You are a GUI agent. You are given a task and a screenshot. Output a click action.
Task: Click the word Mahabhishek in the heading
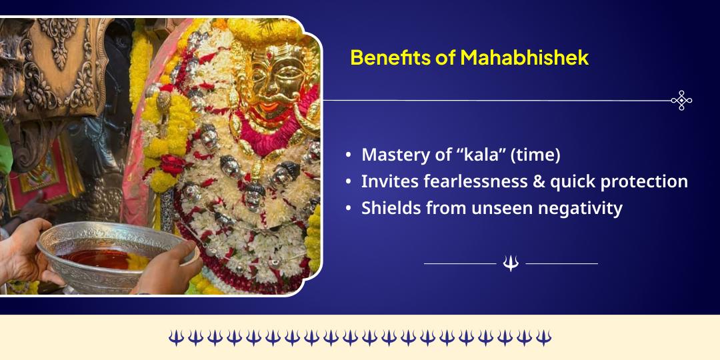click(524, 58)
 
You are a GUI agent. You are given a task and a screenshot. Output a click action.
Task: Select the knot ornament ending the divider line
click(681, 101)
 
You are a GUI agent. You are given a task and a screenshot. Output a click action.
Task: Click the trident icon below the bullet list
click(511, 264)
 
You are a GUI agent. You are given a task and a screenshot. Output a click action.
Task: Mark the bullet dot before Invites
click(349, 182)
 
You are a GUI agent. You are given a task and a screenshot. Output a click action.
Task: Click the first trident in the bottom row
click(175, 337)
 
